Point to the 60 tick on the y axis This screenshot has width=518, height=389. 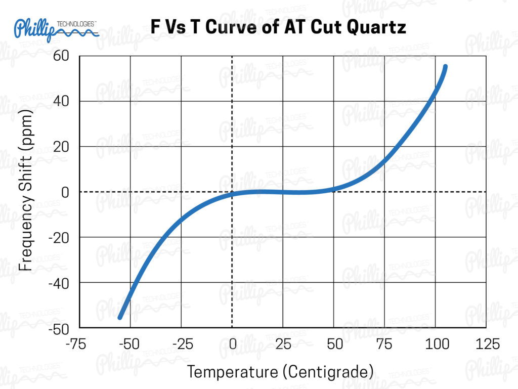coord(61,55)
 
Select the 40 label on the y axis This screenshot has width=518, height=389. coord(61,101)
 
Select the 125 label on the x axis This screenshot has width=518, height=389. coord(486,344)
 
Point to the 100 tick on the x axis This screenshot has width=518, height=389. coord(436,344)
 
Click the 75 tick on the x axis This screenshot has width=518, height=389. coord(385,344)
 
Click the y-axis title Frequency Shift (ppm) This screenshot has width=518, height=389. coord(26,191)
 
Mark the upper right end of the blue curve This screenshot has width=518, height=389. coord(445,67)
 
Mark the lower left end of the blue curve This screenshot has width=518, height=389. coord(120,317)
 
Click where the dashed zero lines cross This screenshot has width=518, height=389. coord(232,192)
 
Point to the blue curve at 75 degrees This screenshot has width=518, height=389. coord(384,160)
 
